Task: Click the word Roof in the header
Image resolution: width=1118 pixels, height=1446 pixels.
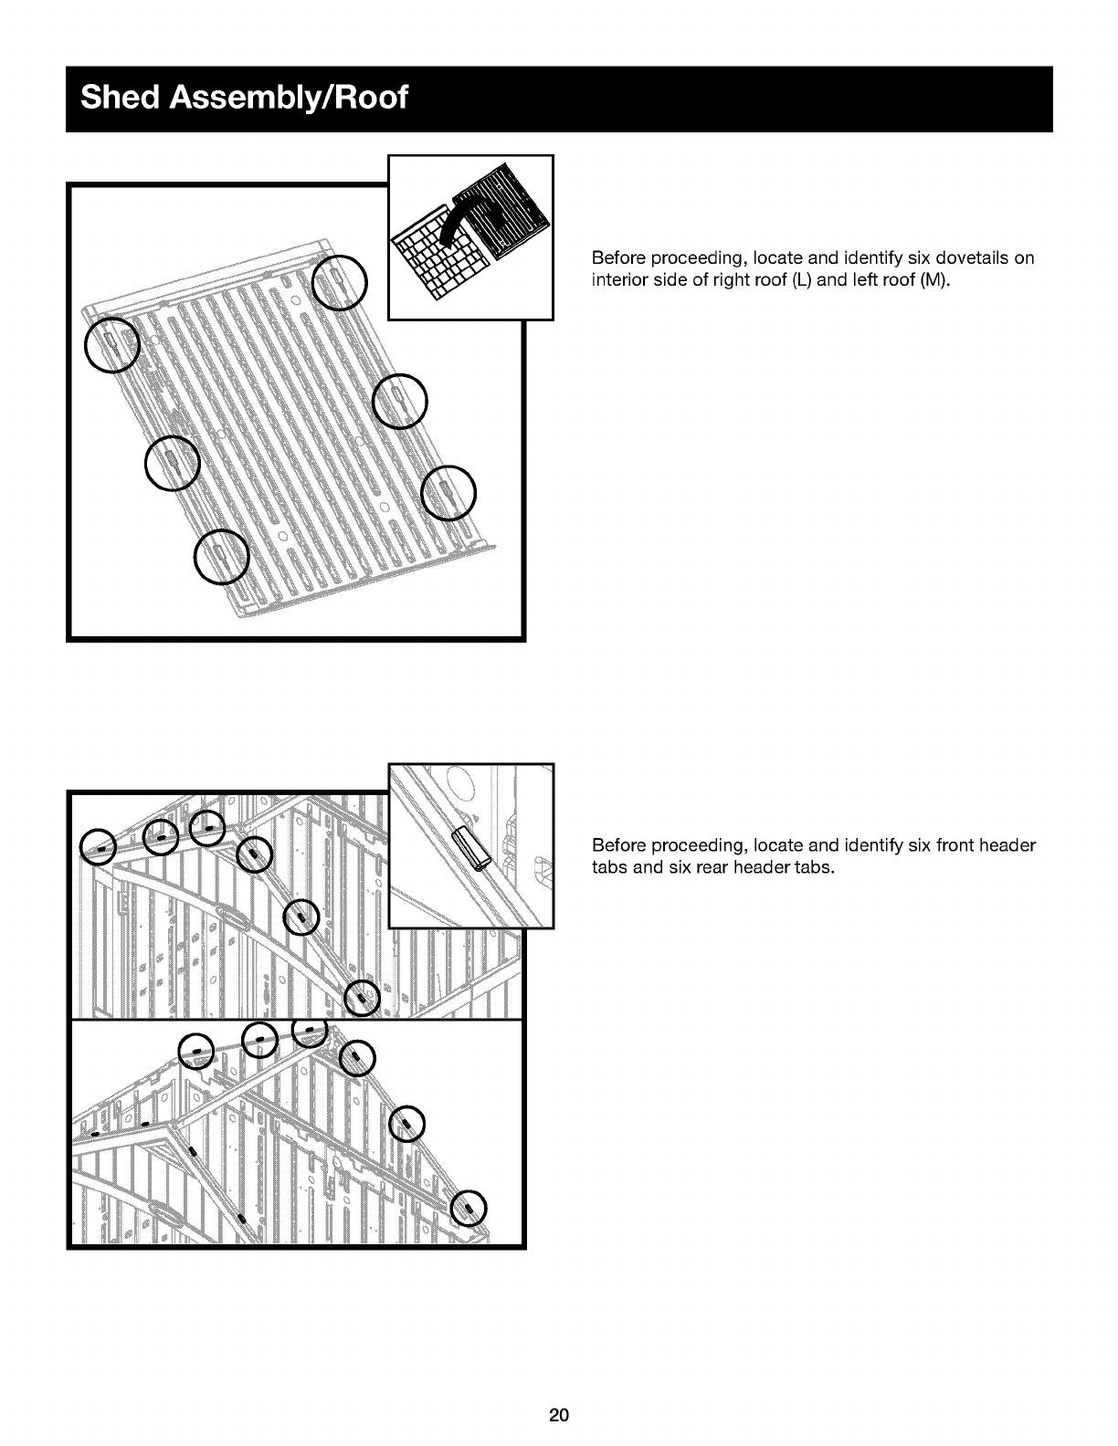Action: [371, 97]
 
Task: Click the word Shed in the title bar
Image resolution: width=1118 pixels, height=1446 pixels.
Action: [121, 97]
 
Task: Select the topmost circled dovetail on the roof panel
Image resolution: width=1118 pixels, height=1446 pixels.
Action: [340, 283]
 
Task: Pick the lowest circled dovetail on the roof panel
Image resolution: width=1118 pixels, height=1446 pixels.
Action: [222, 557]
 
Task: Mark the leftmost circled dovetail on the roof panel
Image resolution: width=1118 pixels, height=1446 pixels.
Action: [111, 345]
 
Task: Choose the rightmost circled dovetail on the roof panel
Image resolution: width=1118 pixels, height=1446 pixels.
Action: [448, 492]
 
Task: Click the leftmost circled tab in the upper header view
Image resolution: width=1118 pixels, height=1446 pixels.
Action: [98, 847]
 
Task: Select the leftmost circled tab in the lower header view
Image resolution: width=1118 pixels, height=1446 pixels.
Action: [196, 1052]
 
